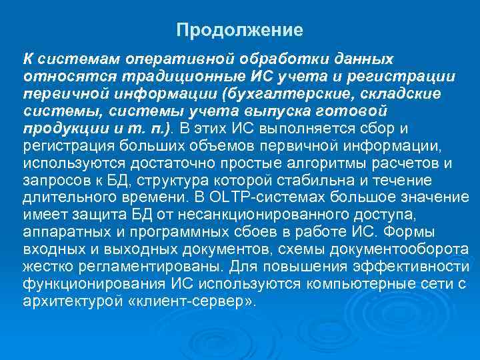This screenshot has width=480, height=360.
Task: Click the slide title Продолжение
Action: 240,31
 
